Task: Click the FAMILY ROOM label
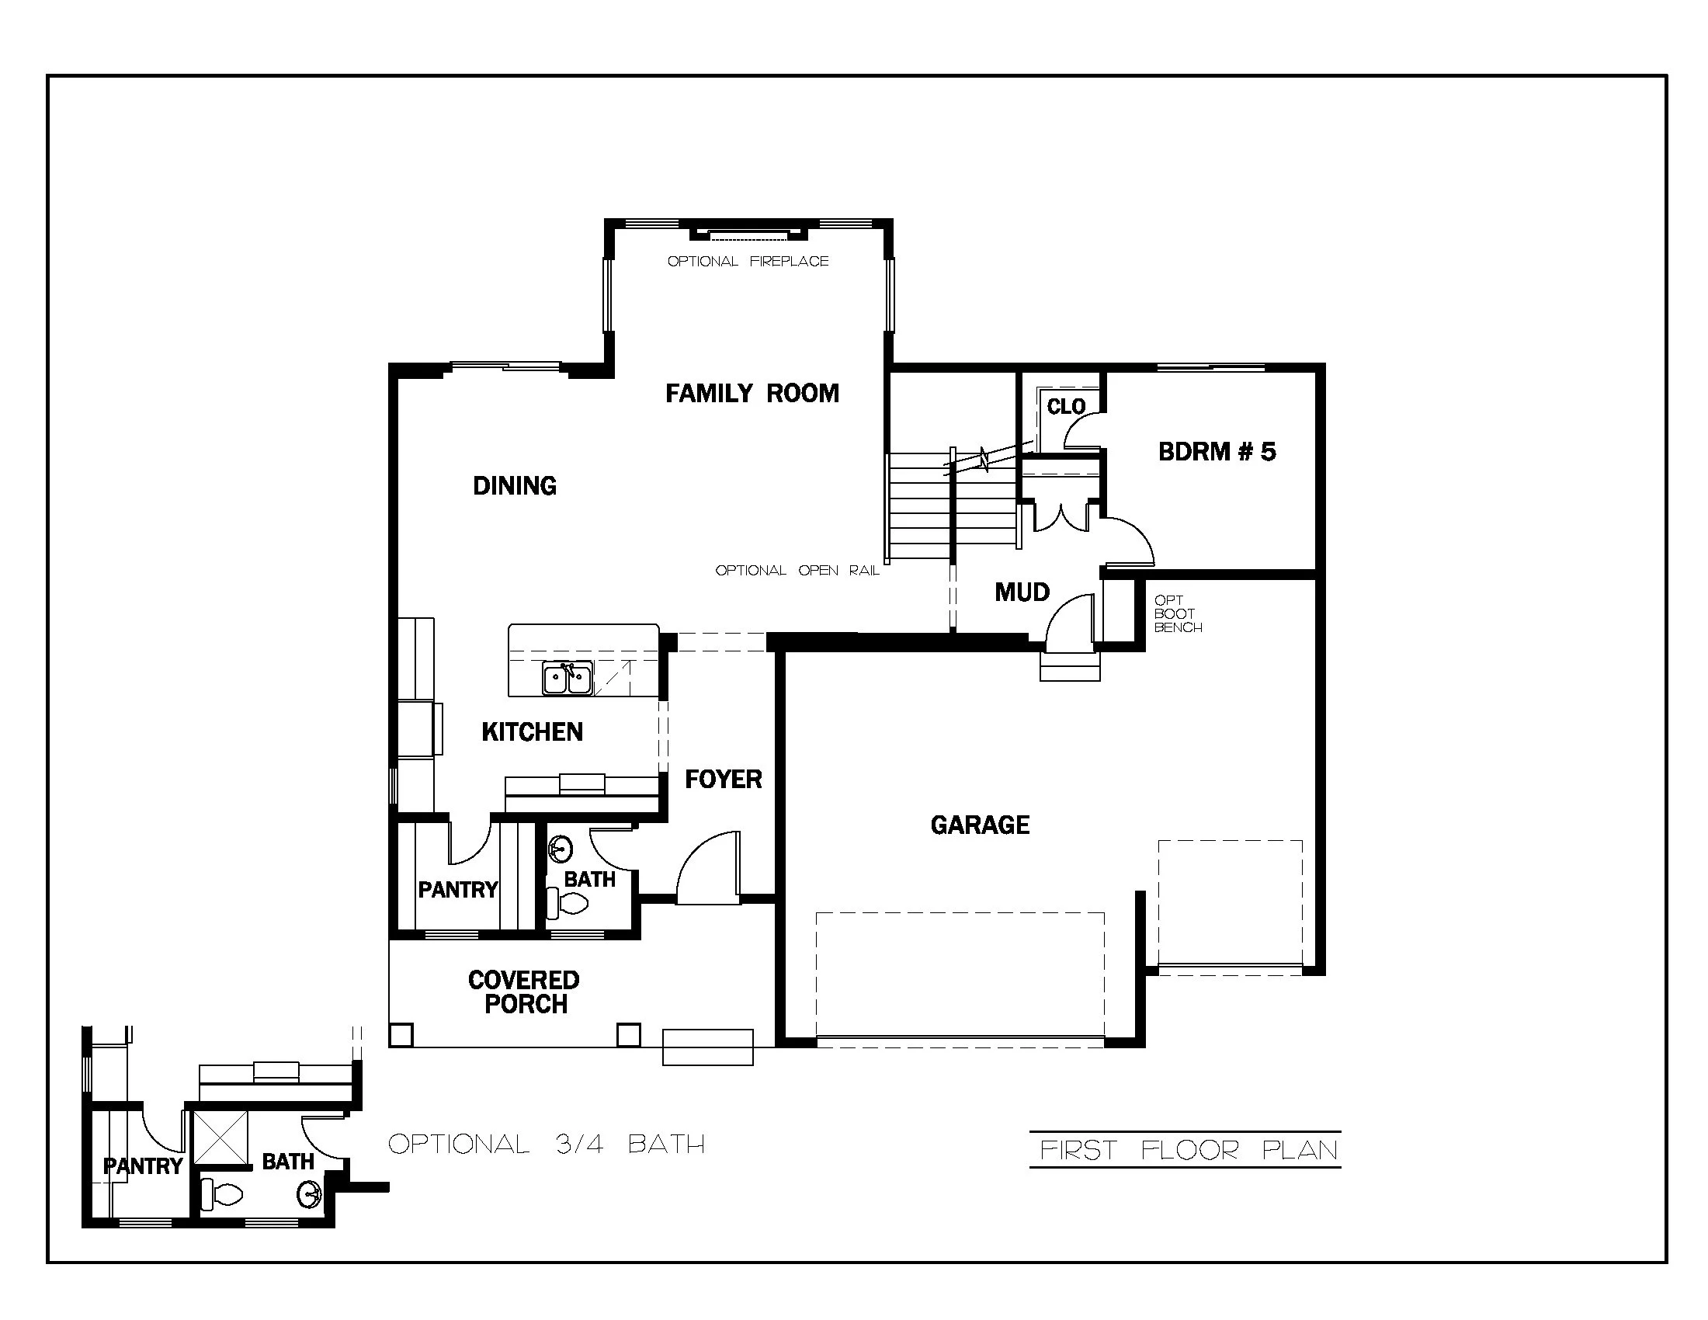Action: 752,393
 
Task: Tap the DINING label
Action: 515,485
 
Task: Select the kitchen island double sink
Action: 567,678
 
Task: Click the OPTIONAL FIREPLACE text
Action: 748,261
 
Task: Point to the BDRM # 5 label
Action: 1216,451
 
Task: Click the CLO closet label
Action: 1066,407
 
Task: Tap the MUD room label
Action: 1022,592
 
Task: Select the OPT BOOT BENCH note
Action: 1177,614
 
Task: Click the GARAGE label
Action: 979,824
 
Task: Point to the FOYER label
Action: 723,779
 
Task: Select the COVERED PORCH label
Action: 524,992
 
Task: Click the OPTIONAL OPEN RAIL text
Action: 797,571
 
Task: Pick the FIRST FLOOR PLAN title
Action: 1189,1150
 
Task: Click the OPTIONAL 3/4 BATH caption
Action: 547,1144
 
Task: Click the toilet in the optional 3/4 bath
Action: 221,1194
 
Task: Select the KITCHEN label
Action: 532,732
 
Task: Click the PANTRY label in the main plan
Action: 457,889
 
